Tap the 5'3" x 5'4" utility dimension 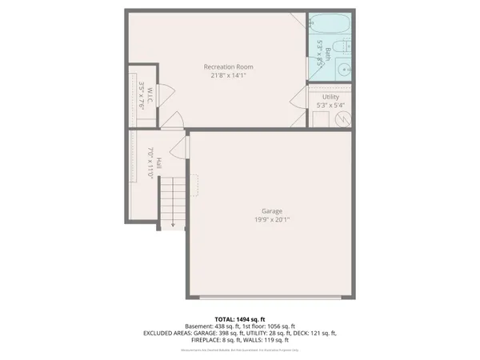coord(330,104)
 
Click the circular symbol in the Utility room coord(342,119)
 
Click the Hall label coord(159,163)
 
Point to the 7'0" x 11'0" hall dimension coord(149,163)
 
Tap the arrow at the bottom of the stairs coord(172,225)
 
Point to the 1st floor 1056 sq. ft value coord(271,326)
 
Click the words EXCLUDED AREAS coord(166,333)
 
